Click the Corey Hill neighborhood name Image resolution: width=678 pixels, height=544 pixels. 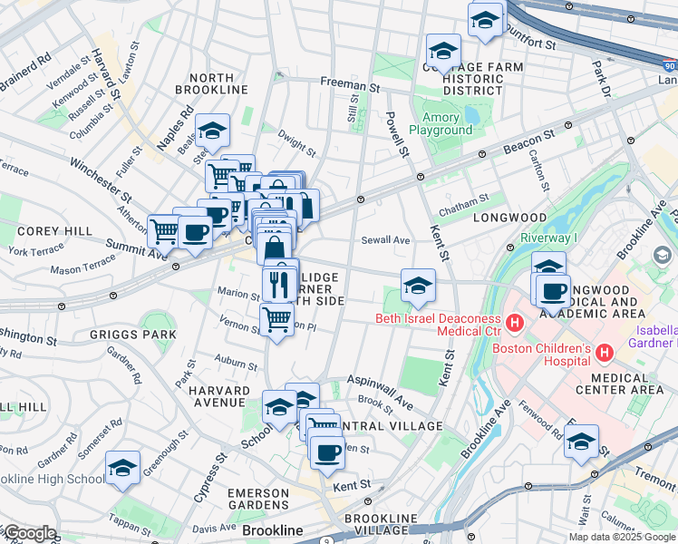[54, 231]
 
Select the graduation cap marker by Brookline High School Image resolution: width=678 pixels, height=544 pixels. [122, 469]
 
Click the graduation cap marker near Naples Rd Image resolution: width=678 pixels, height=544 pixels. [212, 131]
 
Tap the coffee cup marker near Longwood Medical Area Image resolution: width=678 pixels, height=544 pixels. [552, 292]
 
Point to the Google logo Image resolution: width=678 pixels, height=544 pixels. [29, 533]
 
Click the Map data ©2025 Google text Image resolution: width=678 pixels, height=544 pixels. [622, 537]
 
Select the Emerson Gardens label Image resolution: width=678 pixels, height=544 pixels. [258, 498]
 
